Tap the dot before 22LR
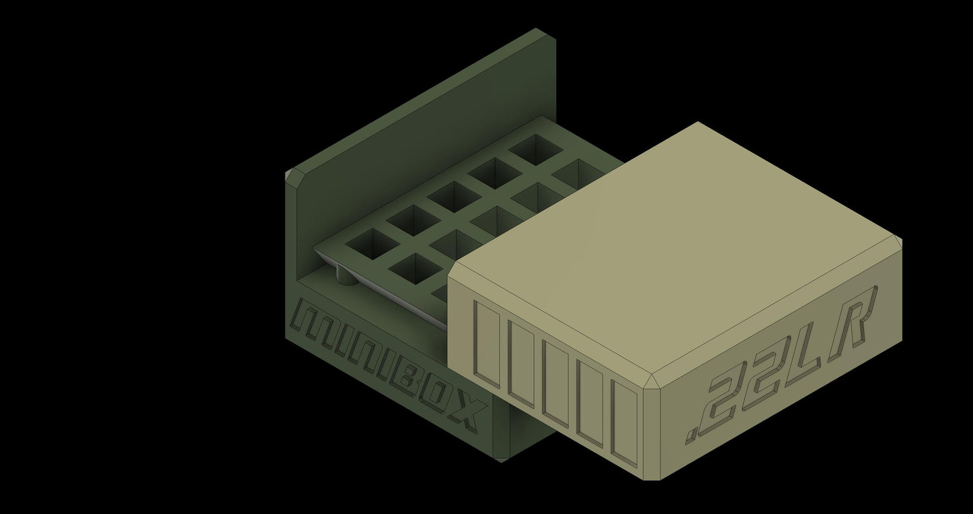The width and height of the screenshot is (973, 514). click(692, 431)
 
